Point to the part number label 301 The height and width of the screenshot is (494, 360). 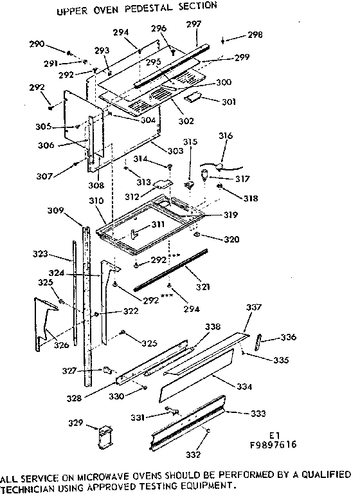click(x=229, y=101)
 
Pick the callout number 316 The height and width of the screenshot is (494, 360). click(x=225, y=136)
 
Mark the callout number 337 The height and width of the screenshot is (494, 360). click(x=255, y=308)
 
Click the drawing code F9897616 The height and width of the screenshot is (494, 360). click(x=274, y=444)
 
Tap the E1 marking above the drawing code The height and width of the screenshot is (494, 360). click(x=274, y=435)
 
